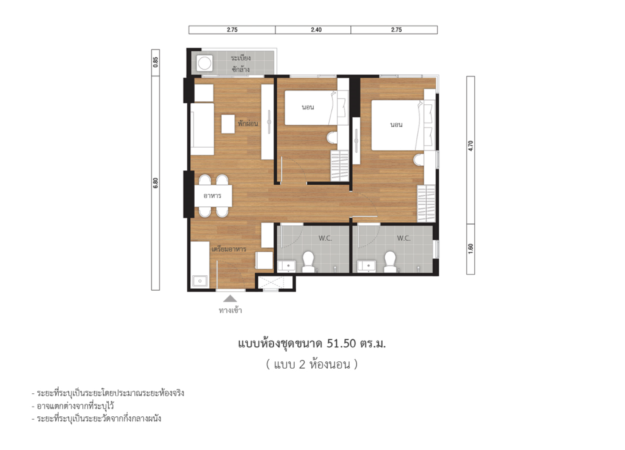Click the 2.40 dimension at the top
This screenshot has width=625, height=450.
[x=312, y=29]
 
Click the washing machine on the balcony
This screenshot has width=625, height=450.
[x=203, y=62]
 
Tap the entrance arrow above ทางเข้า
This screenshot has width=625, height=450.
[x=230, y=298]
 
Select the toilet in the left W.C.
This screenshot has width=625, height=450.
[x=308, y=262]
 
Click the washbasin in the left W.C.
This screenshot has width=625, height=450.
[x=286, y=266]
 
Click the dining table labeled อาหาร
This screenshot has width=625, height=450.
[x=212, y=195]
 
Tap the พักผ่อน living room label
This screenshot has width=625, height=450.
[x=248, y=123]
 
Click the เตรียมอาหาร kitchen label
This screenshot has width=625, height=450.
[x=228, y=249]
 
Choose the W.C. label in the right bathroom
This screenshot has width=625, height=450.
[x=403, y=238]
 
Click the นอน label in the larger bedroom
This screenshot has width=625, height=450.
[x=397, y=125]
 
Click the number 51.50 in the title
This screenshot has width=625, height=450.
[x=345, y=344]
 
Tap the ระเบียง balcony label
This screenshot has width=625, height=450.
[x=240, y=57]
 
